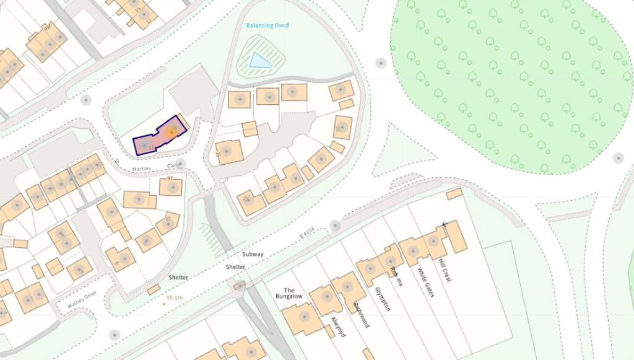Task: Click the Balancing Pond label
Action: [267, 25]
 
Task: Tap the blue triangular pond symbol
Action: [259, 60]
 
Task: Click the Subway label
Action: [253, 255]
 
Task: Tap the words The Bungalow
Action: [289, 293]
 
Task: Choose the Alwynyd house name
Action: [338, 326]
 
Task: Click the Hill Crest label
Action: [444, 270]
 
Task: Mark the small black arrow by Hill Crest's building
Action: [444, 224]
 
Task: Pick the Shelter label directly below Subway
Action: [236, 266]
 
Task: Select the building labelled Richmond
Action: [347, 288]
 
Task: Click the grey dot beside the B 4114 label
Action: [335, 225]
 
